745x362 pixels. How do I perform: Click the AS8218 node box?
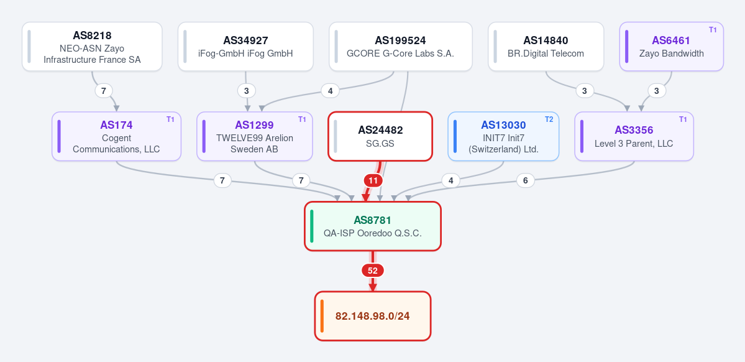click(92, 47)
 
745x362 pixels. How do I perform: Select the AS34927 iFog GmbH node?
click(245, 47)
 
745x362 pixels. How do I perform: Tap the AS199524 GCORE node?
click(401, 47)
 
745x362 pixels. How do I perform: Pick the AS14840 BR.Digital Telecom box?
click(546, 47)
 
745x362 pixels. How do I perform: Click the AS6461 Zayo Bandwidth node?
click(671, 47)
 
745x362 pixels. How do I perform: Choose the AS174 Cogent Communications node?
click(116, 136)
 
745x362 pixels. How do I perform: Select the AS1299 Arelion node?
click(255, 136)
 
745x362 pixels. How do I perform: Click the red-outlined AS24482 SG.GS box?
click(380, 136)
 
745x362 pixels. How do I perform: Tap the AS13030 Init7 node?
click(504, 136)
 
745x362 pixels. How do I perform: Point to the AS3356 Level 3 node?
click(634, 136)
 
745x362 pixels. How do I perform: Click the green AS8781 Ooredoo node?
click(373, 226)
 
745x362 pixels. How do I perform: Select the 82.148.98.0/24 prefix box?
click(373, 316)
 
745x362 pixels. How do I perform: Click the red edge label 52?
click(373, 271)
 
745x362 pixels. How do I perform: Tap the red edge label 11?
click(373, 181)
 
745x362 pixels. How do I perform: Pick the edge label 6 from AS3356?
click(526, 181)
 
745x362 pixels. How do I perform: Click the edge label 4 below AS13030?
click(451, 181)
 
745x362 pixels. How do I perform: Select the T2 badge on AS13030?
click(549, 119)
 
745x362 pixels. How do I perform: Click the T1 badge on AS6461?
click(713, 29)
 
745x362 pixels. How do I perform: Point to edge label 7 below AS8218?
click(104, 90)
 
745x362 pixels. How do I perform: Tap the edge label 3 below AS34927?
click(247, 90)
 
